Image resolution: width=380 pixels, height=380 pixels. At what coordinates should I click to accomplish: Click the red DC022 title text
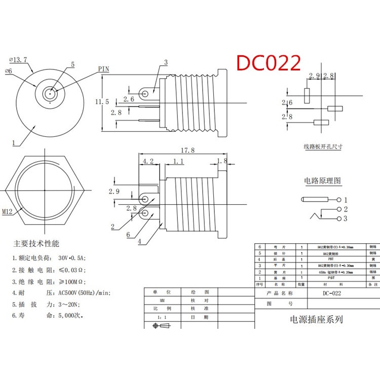269,63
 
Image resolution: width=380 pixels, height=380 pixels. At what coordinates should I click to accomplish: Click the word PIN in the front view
104,69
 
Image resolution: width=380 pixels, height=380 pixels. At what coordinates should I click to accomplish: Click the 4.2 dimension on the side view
148,162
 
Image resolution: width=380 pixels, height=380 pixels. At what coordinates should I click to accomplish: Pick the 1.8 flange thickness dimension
222,162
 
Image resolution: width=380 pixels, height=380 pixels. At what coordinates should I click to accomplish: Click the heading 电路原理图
322,181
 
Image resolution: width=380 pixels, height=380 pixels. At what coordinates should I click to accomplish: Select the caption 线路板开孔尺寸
323,147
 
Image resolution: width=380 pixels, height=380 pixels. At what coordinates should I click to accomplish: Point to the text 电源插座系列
316,319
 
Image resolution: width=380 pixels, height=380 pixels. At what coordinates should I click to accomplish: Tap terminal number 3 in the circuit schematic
346,219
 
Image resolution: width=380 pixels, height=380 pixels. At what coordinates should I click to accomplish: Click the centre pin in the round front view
50,94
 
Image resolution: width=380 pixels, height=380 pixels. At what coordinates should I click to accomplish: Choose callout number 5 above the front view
72,65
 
